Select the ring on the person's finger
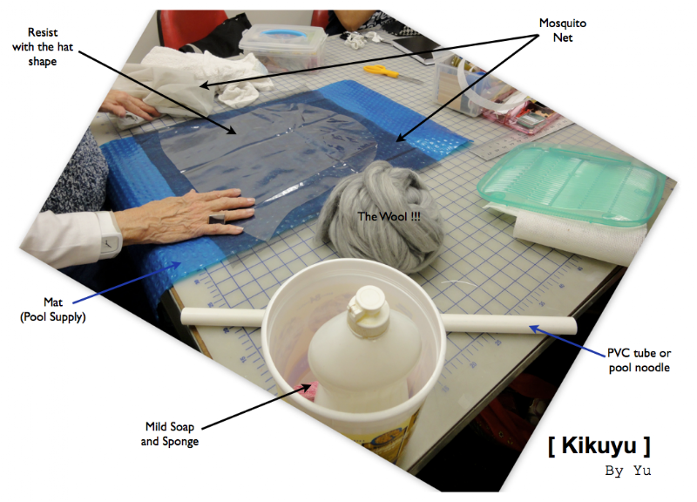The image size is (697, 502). pyautogui.click(x=217, y=219)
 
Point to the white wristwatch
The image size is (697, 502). pyautogui.click(x=109, y=234)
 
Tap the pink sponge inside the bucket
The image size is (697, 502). pyautogui.click(x=306, y=390)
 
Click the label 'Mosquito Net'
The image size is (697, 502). pyautogui.click(x=562, y=31)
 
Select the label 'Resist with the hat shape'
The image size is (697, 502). pyautogui.click(x=42, y=47)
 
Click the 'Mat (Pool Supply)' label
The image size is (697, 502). pyautogui.click(x=53, y=309)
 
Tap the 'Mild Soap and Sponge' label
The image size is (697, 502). pyautogui.click(x=169, y=434)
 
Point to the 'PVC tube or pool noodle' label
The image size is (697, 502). pyautogui.click(x=639, y=360)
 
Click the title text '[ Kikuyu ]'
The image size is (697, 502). pyautogui.click(x=599, y=445)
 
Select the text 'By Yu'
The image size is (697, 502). pyautogui.click(x=627, y=471)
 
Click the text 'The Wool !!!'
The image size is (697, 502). pyautogui.click(x=389, y=216)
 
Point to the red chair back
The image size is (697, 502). pyautogui.click(x=192, y=27)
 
